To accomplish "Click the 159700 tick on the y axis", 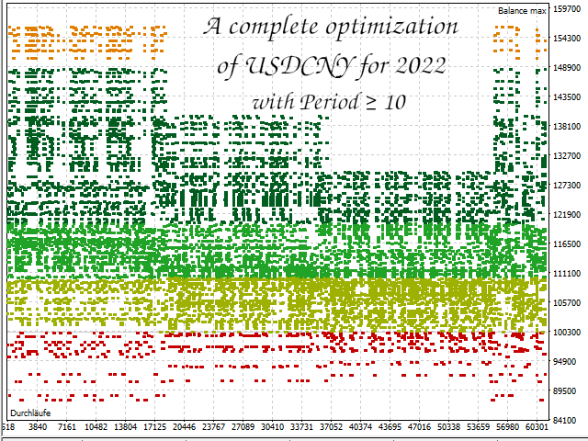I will (568, 10).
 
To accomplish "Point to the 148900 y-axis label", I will (568, 68).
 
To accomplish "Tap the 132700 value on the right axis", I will (568, 156).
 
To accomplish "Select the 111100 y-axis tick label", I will (568, 274).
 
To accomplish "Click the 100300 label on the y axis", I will (568, 332).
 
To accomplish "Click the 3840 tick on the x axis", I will (38, 427).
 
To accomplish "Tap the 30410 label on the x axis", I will (272, 427).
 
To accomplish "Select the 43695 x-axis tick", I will (390, 427).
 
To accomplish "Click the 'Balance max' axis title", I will (522, 10).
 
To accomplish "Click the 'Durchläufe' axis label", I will (28, 413).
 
